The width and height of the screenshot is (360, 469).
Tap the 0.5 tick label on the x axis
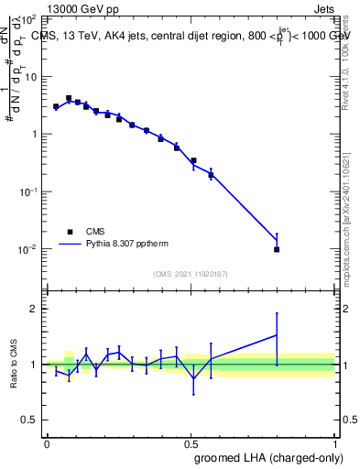191,442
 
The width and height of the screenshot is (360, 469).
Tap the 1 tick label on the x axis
335,442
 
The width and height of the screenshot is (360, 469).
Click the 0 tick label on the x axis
47,442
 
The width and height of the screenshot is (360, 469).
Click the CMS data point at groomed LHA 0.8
277,249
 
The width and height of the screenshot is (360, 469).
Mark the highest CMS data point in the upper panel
69,98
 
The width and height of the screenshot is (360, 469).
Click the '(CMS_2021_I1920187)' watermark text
191,273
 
